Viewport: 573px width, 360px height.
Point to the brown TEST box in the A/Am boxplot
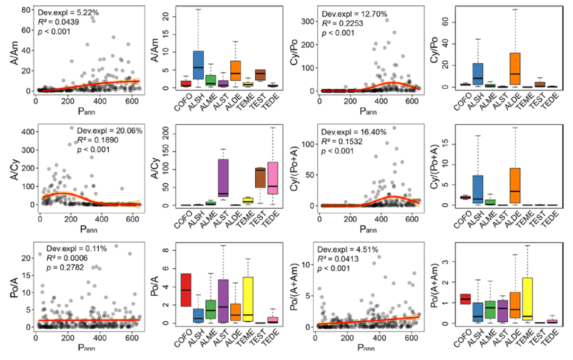coord(261,75)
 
